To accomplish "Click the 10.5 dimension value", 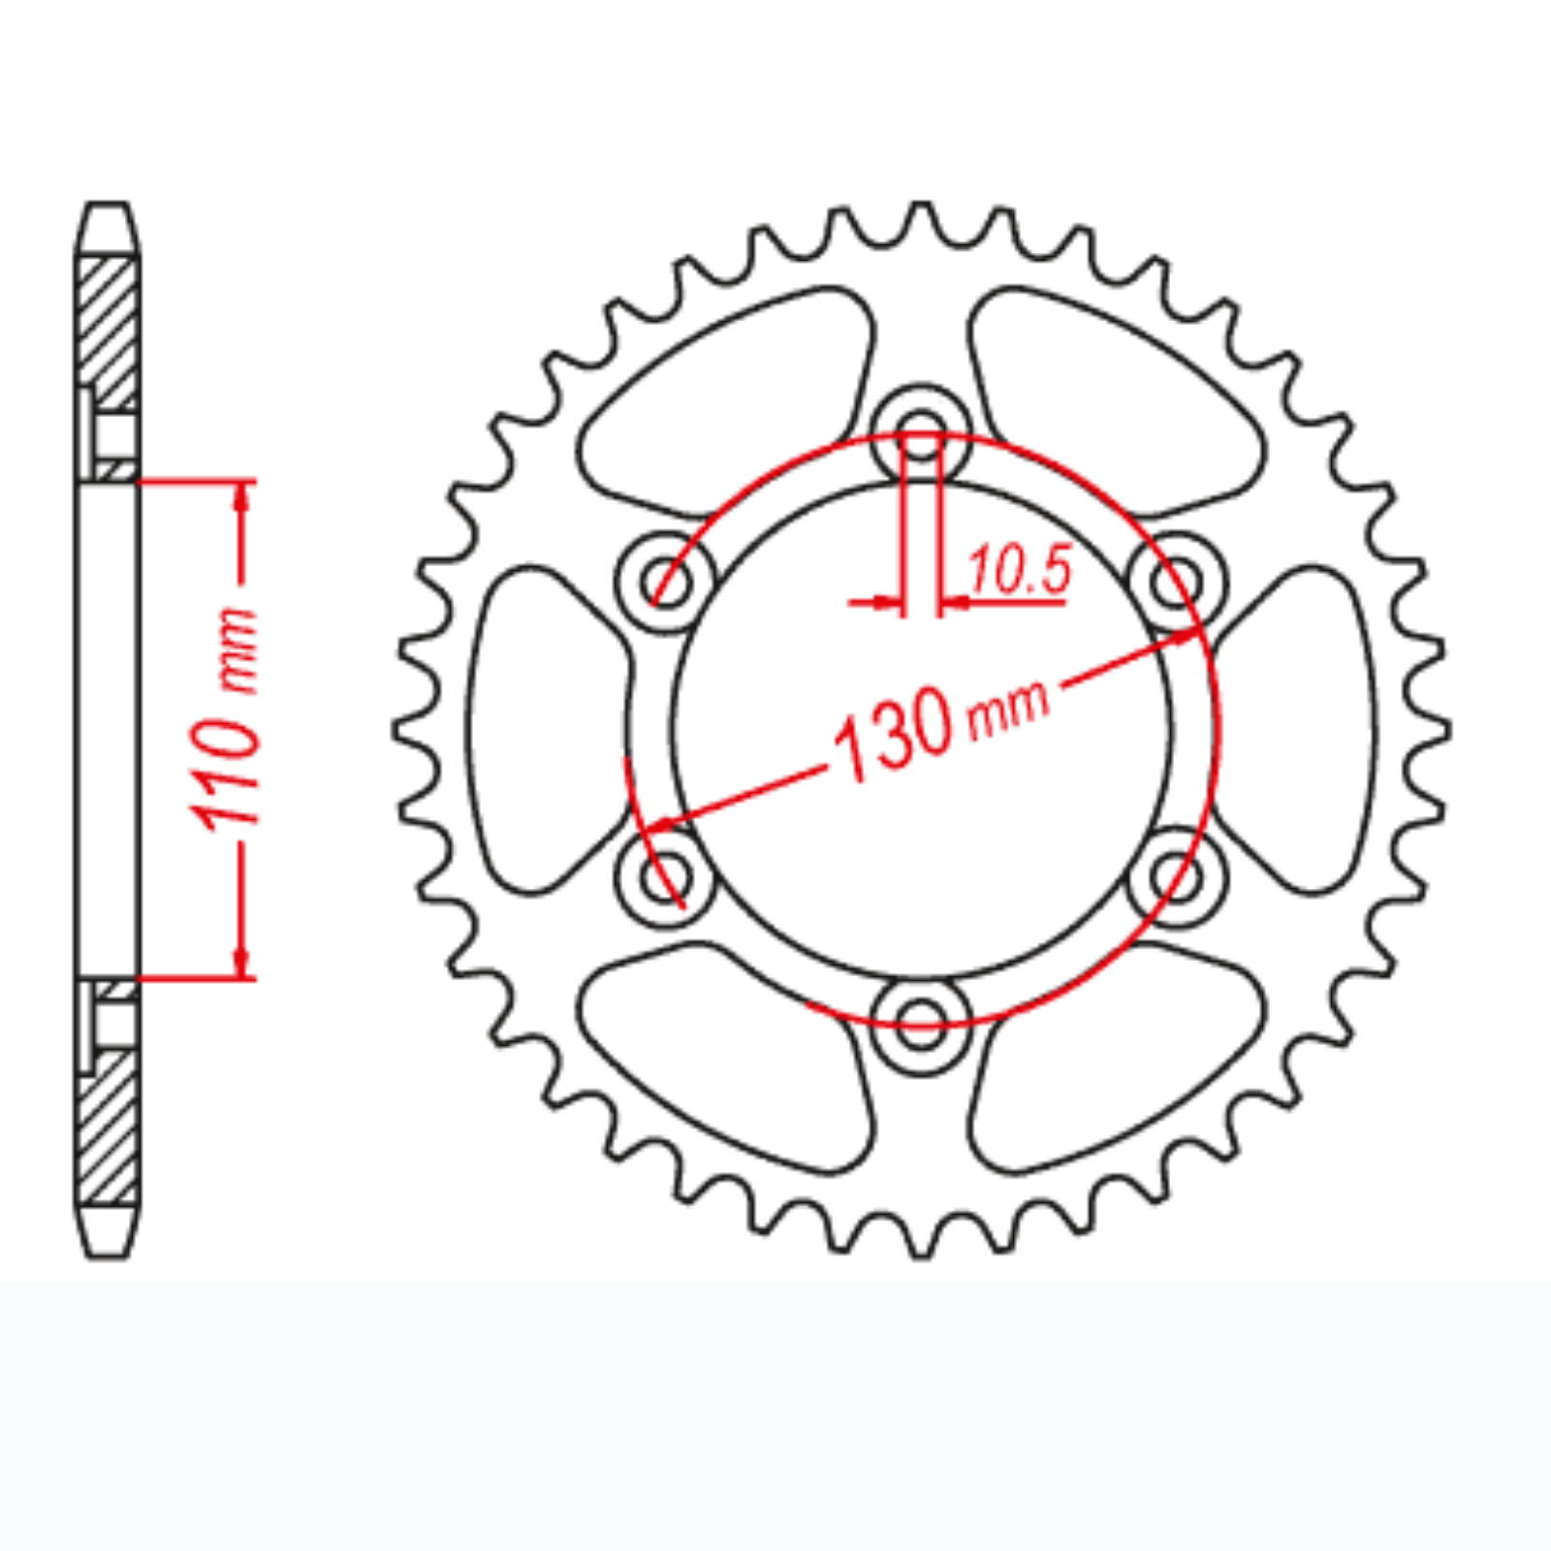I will pos(1020,569).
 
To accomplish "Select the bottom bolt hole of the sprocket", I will pos(921,1026).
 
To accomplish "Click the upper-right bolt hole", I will pos(1177,583).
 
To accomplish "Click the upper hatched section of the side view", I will pos(108,330).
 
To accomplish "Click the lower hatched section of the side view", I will pos(108,1129).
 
